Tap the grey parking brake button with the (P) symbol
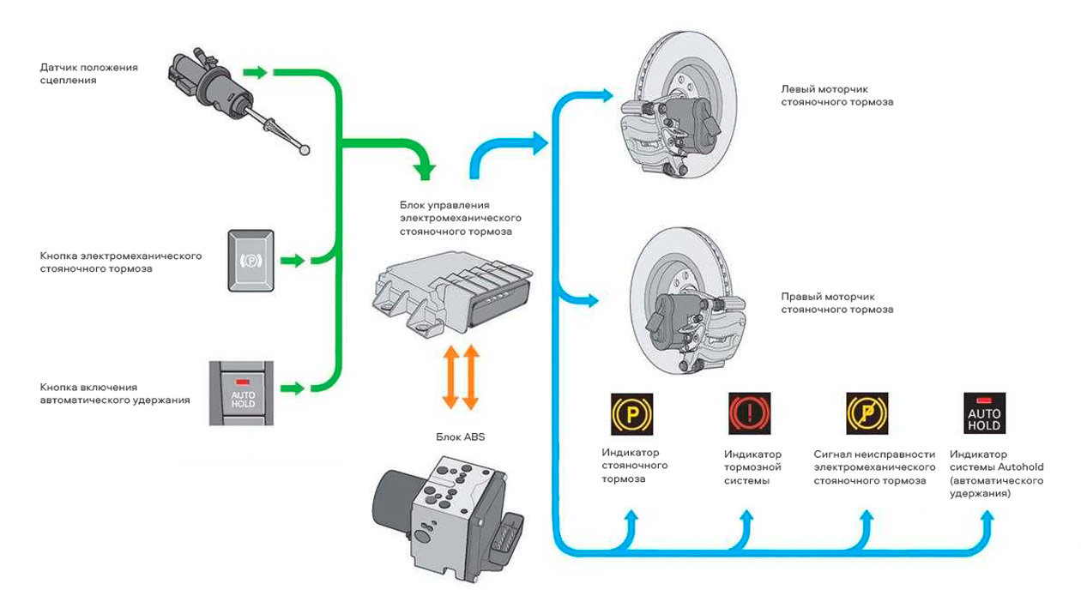coord(251,261)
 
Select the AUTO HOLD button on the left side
coord(241,394)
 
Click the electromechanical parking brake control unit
coord(452,294)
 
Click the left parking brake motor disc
coord(678,105)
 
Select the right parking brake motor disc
coord(688,302)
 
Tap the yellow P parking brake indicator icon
coord(631,414)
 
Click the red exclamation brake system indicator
coord(750,413)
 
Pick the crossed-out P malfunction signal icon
coord(867,413)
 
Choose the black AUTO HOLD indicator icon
coord(985,413)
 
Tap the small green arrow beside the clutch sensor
coord(255,72)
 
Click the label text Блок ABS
coord(461,437)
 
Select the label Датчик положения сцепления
coord(89,74)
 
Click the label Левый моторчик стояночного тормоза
coord(837,95)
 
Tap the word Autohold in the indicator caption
coord(1021,467)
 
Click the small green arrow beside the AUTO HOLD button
coord(293,388)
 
